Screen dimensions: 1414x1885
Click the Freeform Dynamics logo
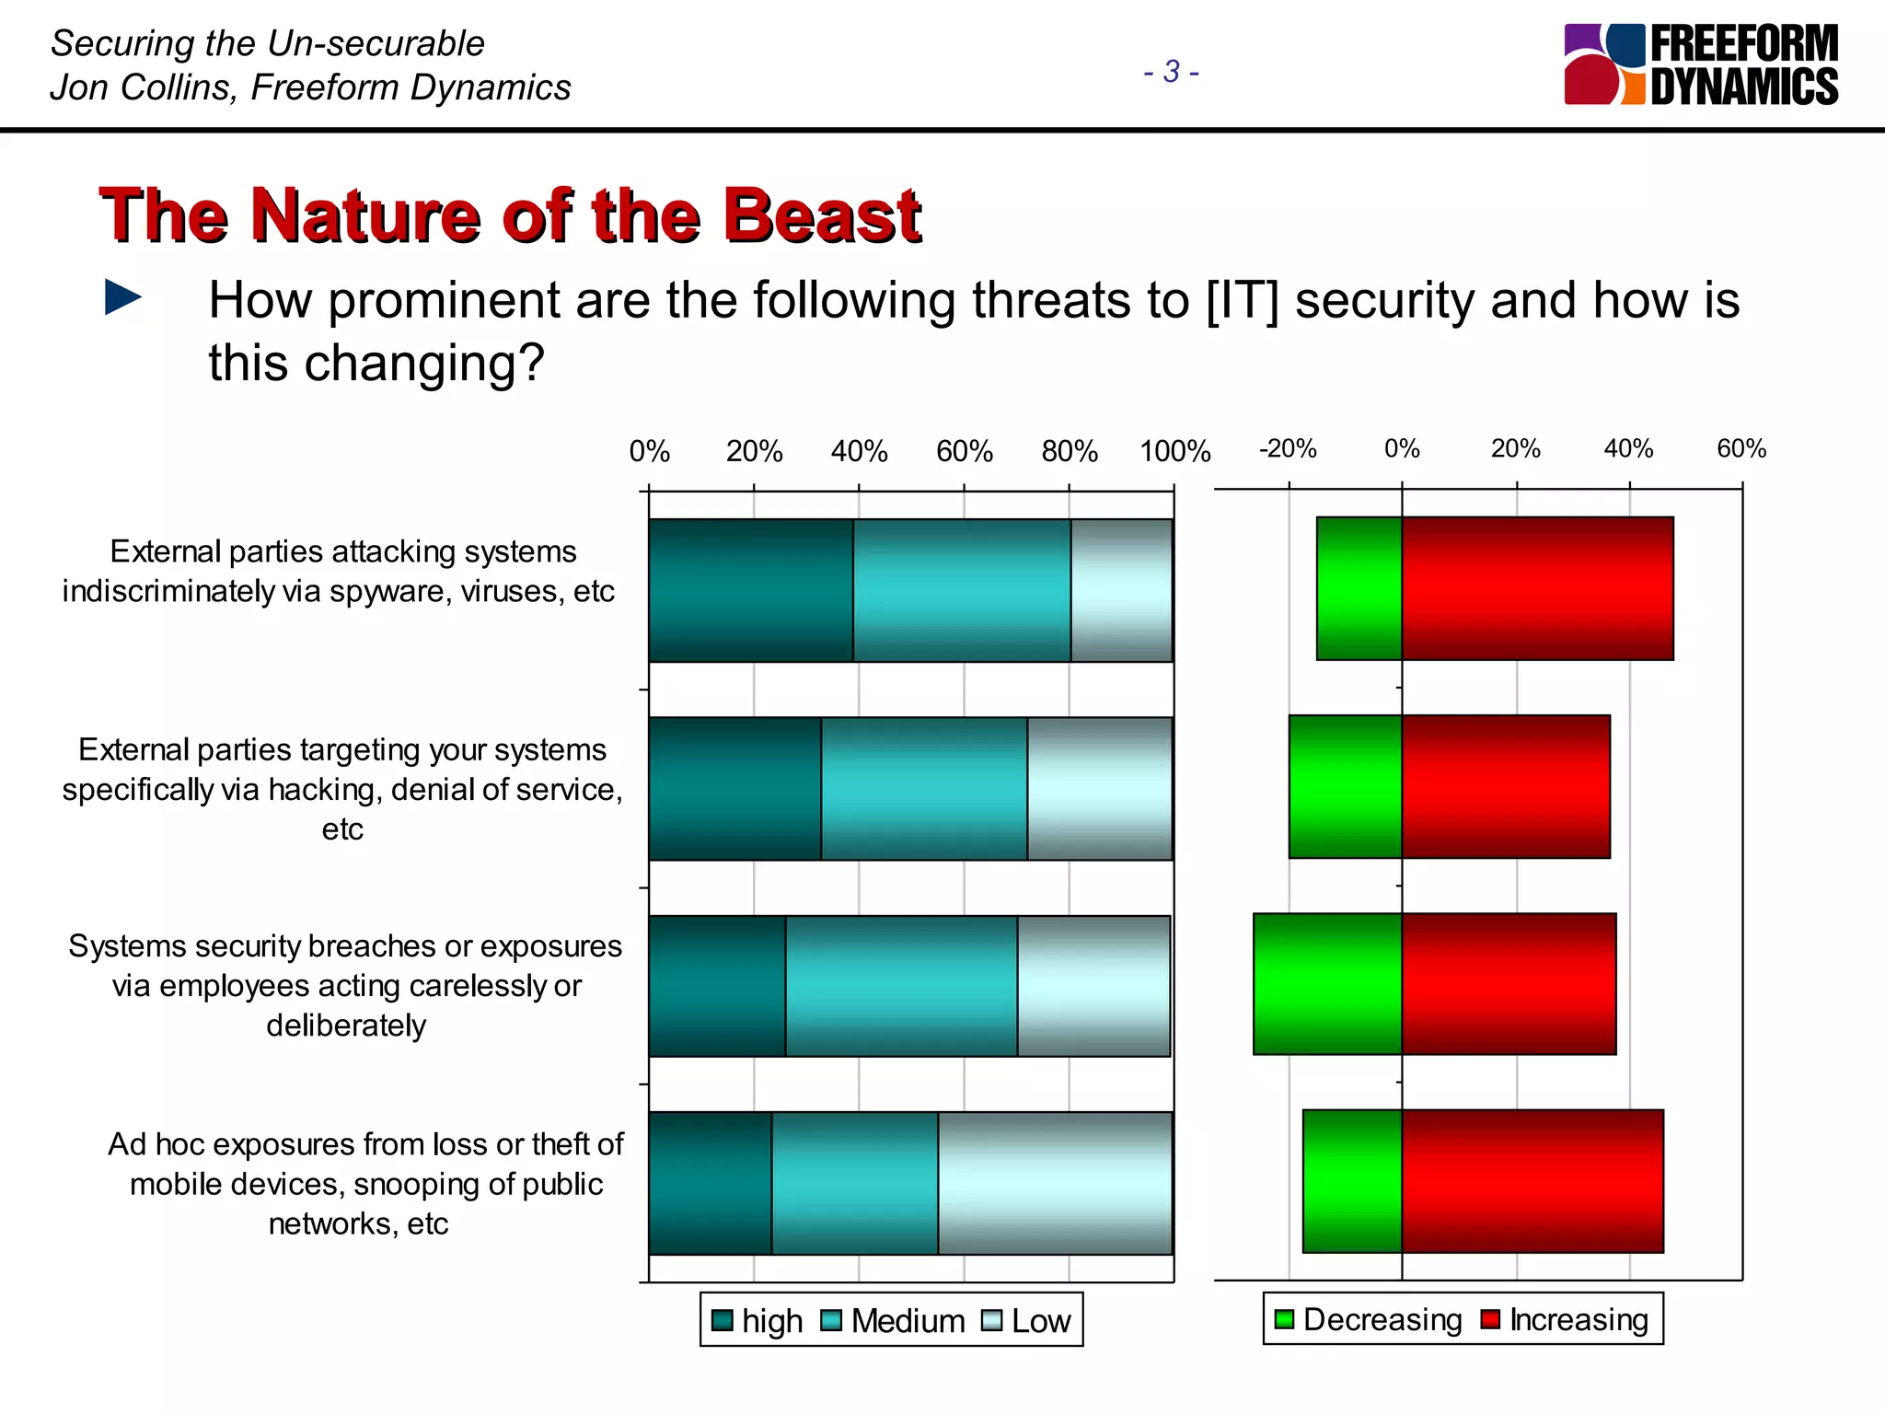click(1700, 64)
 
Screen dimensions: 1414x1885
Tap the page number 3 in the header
click(1171, 71)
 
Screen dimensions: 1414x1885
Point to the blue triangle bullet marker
click(123, 297)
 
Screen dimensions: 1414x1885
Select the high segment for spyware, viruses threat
click(750, 590)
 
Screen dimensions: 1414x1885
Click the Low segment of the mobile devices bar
click(1055, 1183)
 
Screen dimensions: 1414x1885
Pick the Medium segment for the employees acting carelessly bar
click(901, 986)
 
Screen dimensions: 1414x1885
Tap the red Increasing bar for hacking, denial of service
click(1506, 787)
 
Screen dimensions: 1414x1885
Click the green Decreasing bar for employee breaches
click(1327, 984)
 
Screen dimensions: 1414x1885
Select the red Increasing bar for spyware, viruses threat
click(1537, 588)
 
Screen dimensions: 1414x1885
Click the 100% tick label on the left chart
click(1174, 451)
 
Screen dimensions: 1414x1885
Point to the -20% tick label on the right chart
click(1287, 448)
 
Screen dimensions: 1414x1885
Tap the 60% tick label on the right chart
click(1740, 448)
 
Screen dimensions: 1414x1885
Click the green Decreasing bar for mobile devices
click(1352, 1181)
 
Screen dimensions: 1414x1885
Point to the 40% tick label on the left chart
click(859, 451)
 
